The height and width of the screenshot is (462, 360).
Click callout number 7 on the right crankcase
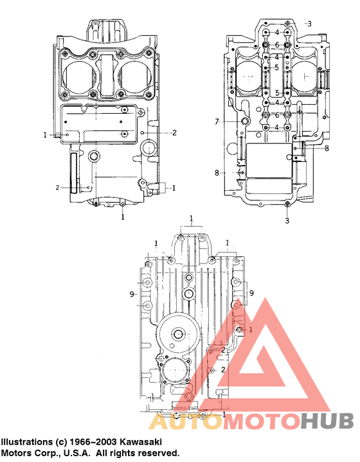[x=217, y=121]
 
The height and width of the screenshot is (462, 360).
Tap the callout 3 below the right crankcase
[x=287, y=220]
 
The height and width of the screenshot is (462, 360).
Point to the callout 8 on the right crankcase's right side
[x=327, y=148]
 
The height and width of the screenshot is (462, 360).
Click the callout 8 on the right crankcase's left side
[x=217, y=172]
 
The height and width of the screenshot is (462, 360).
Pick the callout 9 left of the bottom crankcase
[x=131, y=294]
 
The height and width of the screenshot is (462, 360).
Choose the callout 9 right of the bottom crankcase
[x=252, y=293]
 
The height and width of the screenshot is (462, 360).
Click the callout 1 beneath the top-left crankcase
[x=123, y=217]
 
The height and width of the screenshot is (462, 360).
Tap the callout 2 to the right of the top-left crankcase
[x=174, y=132]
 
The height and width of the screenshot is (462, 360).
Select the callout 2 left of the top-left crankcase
[x=57, y=188]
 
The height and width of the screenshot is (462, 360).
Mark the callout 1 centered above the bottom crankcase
[x=192, y=219]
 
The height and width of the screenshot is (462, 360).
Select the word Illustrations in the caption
[x=26, y=442]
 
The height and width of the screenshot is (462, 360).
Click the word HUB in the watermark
[x=327, y=422]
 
